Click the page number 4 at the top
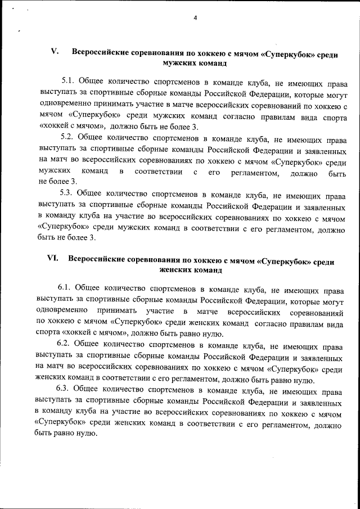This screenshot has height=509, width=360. [195, 17]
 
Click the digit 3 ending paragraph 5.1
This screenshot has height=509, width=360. [195, 126]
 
